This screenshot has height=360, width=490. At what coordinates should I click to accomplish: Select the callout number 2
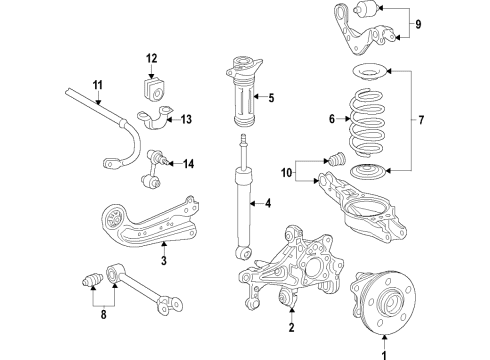(291, 327)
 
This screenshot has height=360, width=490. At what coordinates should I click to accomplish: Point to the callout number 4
(266, 206)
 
